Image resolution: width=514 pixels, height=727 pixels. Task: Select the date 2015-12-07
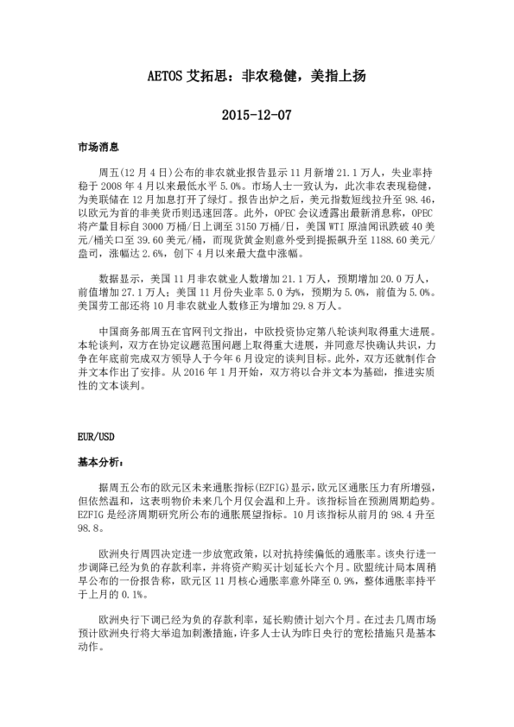pyautogui.click(x=257, y=114)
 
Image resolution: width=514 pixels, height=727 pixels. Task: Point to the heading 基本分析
pyautogui.click(x=100, y=462)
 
